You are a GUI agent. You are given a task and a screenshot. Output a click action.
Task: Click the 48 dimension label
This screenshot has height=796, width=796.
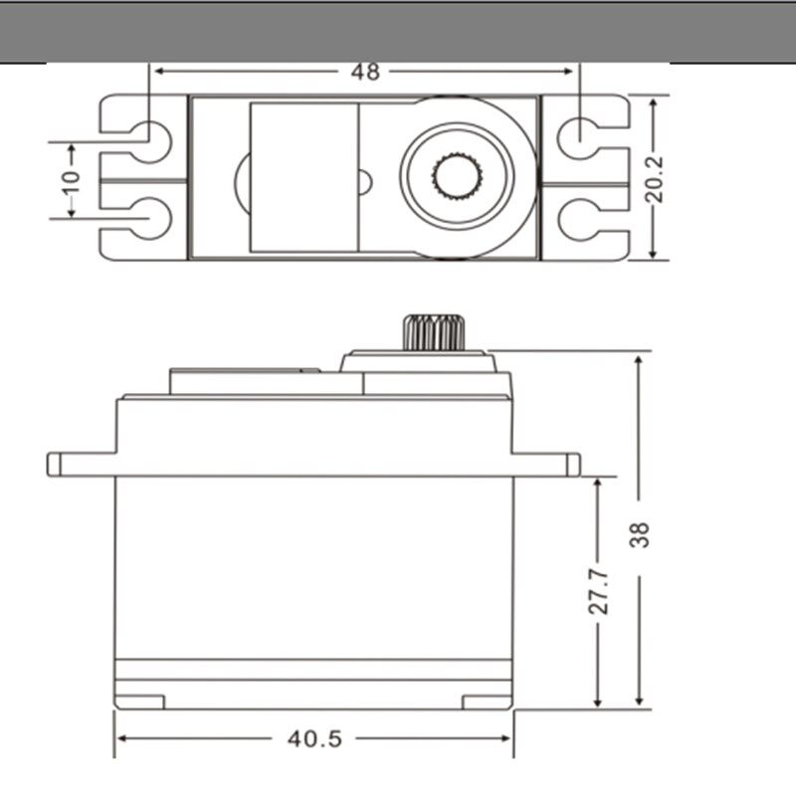(x=365, y=72)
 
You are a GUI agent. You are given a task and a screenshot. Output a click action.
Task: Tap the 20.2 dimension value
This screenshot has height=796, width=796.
(x=655, y=179)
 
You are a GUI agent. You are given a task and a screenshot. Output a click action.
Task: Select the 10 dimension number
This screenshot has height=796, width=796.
(x=71, y=183)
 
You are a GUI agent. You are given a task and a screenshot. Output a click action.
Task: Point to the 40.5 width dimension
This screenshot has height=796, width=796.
(x=314, y=738)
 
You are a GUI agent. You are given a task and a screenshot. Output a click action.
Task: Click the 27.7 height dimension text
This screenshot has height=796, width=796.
(x=599, y=591)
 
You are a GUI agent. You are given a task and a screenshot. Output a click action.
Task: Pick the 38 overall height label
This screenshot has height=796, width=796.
(x=639, y=534)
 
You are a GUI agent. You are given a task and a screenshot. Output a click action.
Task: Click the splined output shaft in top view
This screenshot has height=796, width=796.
(x=457, y=176)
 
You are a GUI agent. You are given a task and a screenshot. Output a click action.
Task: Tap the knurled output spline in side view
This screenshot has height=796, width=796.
(x=434, y=332)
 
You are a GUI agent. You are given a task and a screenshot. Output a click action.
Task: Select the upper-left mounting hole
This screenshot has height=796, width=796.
(x=150, y=141)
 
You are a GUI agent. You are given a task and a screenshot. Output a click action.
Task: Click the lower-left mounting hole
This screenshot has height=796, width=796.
(x=150, y=218)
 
